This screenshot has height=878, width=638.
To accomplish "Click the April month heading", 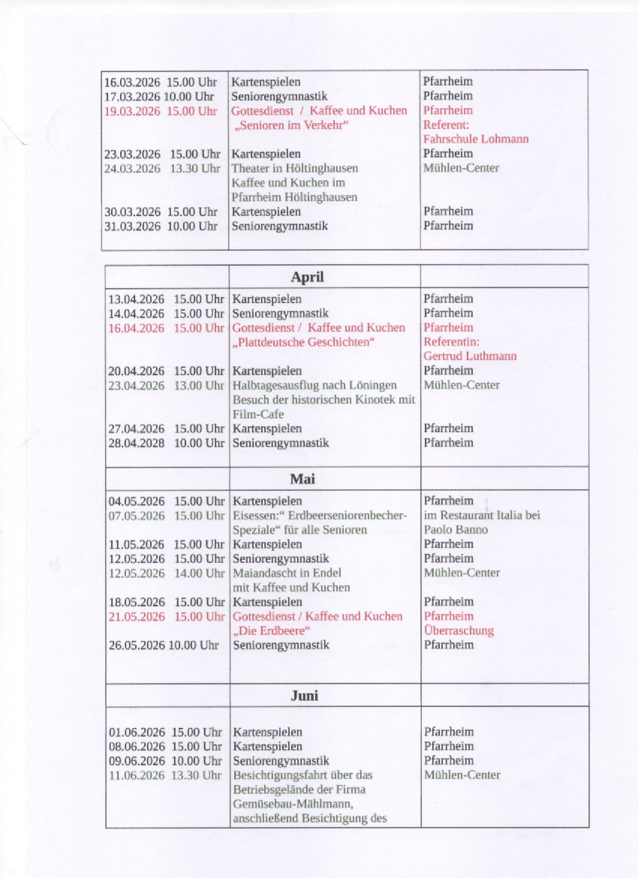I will click(307, 277).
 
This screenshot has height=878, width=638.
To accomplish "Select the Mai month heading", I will click(305, 479).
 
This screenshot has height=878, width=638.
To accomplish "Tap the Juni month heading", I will click(304, 696).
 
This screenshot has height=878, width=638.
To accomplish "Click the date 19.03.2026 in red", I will click(132, 111).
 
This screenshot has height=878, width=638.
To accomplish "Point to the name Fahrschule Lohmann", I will click(475, 139).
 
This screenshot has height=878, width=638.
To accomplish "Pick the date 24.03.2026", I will click(132, 168).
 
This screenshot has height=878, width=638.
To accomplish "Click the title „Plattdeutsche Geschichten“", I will click(303, 342).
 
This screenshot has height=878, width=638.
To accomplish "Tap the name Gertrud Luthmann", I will click(470, 356).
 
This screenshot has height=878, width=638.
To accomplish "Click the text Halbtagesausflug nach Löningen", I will click(314, 385).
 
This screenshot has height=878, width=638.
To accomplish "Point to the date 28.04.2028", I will click(137, 443).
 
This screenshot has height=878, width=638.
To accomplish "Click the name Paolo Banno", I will click(456, 530).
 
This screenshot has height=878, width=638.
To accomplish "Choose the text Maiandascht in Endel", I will click(287, 573).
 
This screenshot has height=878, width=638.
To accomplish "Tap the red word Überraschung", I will click(459, 630).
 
